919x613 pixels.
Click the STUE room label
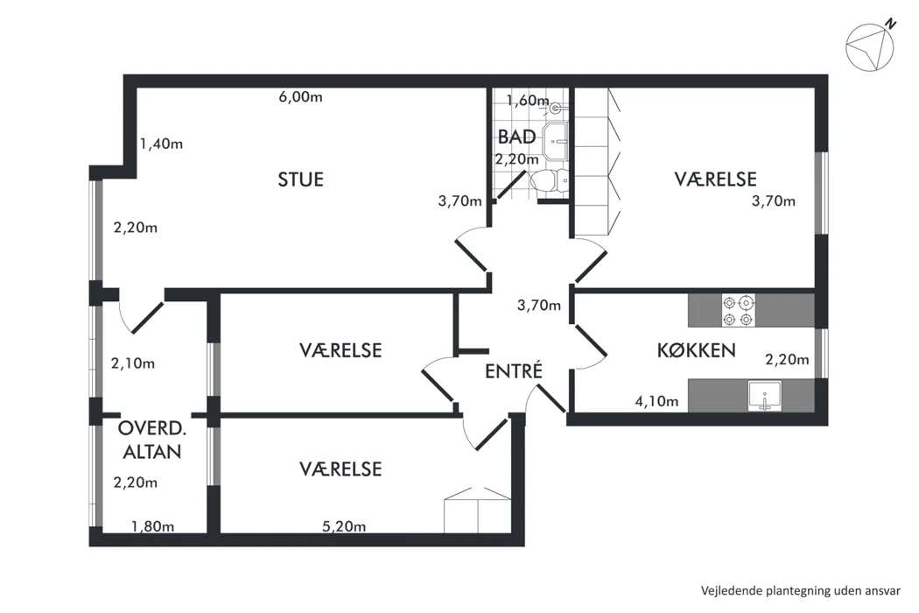[301, 179]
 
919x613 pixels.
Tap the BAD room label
[516, 137]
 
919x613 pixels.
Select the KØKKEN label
[697, 350]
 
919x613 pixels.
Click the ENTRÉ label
[514, 370]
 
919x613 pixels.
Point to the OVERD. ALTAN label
[151, 440]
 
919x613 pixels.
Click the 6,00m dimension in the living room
[301, 97]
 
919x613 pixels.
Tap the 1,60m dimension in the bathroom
[528, 101]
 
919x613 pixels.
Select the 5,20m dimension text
[344, 526]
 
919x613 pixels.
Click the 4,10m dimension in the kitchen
[656, 401]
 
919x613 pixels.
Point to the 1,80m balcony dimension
[152, 526]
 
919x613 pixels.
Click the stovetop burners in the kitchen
[738, 311]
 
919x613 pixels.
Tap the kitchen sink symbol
[765, 395]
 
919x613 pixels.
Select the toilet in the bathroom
[550, 180]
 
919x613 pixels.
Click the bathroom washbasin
[555, 141]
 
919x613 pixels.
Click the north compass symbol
[870, 46]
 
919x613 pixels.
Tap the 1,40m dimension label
[161, 144]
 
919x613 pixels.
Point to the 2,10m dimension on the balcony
[133, 363]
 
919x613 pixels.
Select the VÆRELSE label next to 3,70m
[715, 179]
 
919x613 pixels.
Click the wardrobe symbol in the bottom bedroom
[477, 510]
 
